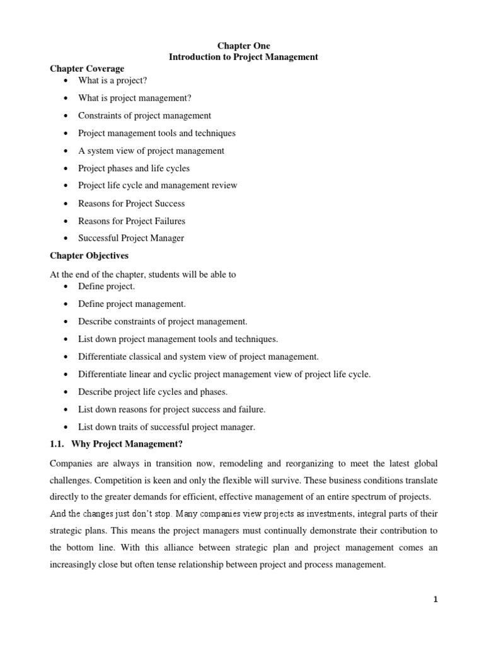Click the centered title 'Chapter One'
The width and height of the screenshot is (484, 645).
point(243,46)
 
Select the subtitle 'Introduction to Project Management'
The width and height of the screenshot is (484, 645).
point(243,57)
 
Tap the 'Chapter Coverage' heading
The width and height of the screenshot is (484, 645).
point(87,69)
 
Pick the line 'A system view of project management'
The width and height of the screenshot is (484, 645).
point(151,151)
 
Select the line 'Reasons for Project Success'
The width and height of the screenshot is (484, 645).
point(131,203)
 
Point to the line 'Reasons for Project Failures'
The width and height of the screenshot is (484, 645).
point(131,221)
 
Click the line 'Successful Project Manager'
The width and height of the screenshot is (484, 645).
point(131,238)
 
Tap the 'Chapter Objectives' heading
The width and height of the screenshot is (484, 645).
point(90,256)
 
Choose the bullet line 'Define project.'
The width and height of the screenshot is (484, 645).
point(106,287)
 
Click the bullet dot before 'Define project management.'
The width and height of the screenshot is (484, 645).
point(67,304)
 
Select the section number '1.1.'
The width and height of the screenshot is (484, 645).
point(58,444)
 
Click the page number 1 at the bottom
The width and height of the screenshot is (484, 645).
point(435,600)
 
